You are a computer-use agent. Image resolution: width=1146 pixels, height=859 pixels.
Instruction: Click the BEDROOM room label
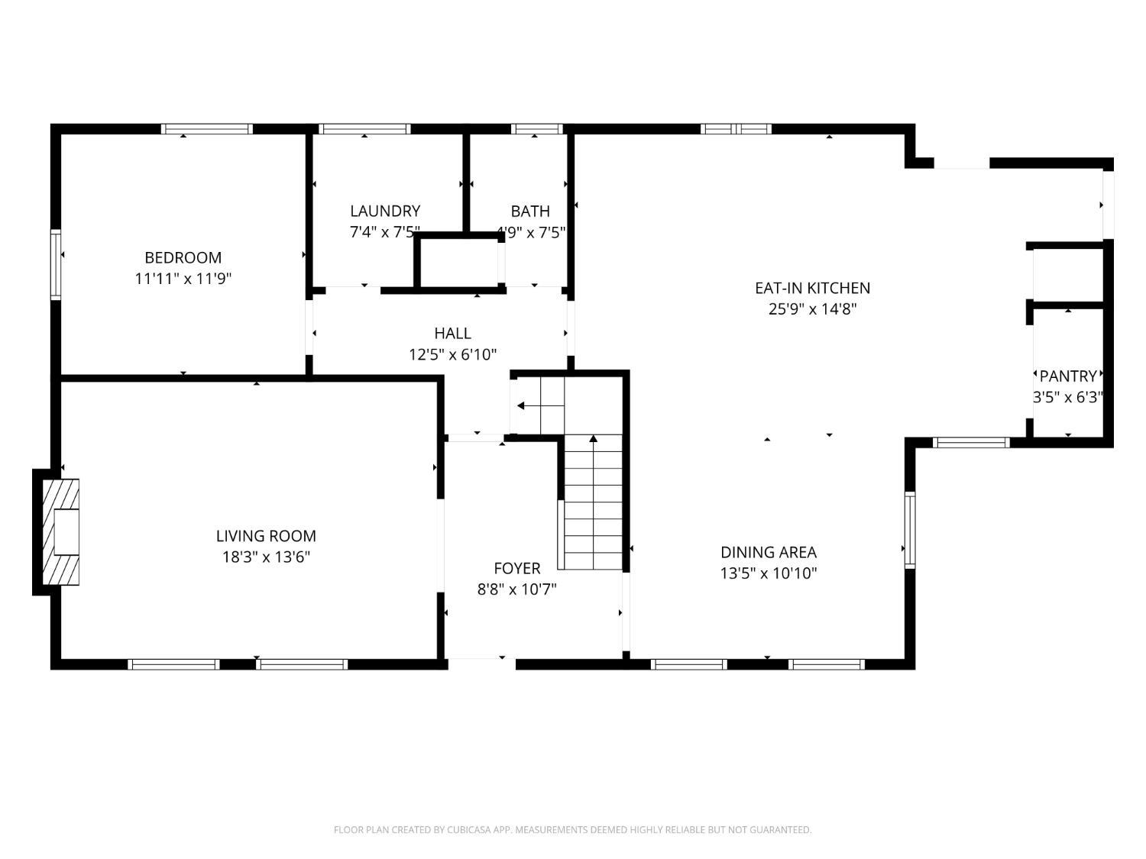[183, 257]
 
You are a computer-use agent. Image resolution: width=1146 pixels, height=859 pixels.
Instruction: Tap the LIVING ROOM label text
[266, 536]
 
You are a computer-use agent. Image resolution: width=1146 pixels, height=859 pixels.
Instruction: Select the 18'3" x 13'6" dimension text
[266, 557]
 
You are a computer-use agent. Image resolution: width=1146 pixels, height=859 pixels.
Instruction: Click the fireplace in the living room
[61, 531]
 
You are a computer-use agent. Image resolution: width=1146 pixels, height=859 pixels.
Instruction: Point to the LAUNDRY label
[385, 211]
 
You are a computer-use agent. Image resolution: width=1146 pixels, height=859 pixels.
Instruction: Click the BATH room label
[530, 211]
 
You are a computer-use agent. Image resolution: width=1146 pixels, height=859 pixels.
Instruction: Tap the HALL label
[452, 333]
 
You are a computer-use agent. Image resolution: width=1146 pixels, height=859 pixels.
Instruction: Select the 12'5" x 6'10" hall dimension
[452, 354]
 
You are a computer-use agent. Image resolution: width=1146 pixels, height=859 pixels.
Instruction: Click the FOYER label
[517, 568]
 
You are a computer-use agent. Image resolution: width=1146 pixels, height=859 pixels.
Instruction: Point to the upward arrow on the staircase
[593, 439]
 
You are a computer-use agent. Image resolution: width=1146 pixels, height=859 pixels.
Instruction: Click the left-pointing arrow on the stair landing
[521, 405]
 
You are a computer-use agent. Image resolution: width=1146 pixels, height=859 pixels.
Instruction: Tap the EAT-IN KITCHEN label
[812, 288]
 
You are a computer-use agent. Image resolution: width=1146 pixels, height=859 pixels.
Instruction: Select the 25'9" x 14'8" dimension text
[812, 309]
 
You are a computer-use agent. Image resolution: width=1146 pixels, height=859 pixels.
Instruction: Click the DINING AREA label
[769, 552]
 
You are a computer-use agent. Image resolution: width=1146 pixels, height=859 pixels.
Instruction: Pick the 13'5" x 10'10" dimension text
[769, 573]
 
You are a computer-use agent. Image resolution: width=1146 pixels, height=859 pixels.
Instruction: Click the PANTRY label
[1068, 376]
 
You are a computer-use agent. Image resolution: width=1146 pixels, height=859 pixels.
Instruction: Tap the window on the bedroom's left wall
[56, 264]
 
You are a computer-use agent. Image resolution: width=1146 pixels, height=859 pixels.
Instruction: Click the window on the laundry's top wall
[364, 129]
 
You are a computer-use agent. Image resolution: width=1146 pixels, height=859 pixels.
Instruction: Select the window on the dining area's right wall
[910, 530]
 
